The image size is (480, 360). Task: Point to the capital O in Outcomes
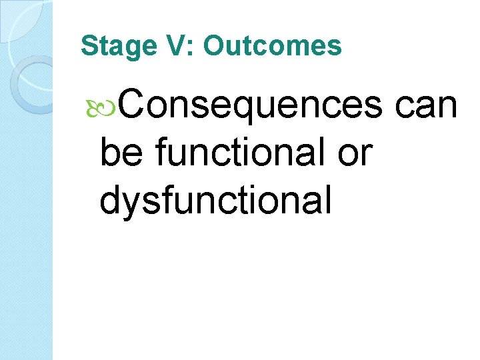pyautogui.click(x=214, y=46)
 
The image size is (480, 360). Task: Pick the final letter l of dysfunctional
pyautogui.click(x=327, y=200)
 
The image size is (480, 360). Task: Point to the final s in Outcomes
pyautogui.click(x=335, y=47)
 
